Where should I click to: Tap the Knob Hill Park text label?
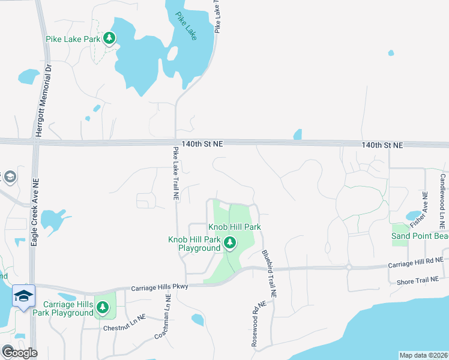pyautogui.click(x=234, y=227)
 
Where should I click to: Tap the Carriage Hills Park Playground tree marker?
pyautogui.click(x=103, y=308)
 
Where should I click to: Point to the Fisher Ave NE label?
pyautogui.click(x=418, y=209)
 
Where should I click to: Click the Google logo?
pyautogui.click(x=19, y=353)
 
